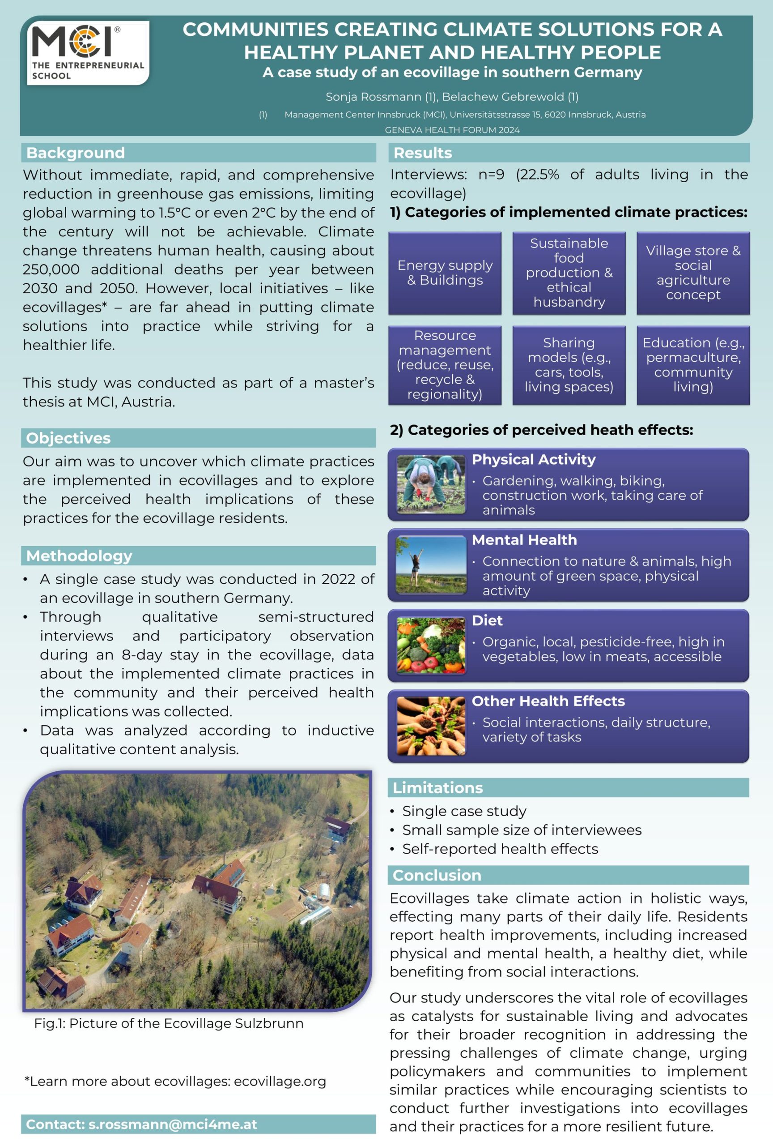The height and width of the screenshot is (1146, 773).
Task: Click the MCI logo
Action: point(88,52)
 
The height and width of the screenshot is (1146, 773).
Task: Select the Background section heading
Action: point(76,153)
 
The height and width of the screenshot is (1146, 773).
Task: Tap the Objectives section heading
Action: point(68,438)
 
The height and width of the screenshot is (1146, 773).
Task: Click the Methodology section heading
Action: point(79,556)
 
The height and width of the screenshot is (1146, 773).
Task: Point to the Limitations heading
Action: point(437,787)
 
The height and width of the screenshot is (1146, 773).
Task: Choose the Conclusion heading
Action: point(437,875)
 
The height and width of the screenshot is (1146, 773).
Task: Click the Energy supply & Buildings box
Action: point(445,273)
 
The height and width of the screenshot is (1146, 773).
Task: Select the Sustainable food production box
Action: point(569,273)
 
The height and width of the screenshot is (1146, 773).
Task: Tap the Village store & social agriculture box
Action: point(693,273)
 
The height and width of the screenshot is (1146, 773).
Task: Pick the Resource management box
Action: point(445,365)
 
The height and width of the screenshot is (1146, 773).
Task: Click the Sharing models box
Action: point(569,365)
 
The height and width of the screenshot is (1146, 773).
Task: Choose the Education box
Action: point(693,365)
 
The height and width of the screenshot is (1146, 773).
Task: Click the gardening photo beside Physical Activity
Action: point(431,484)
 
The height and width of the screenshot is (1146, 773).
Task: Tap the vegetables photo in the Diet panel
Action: point(431,645)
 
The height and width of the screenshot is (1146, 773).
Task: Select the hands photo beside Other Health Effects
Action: point(431,725)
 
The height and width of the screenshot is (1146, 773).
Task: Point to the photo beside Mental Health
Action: point(431,564)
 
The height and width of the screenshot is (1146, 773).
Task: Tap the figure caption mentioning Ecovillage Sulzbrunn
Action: point(169,1023)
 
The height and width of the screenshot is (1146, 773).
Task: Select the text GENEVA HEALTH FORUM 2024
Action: point(452,130)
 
